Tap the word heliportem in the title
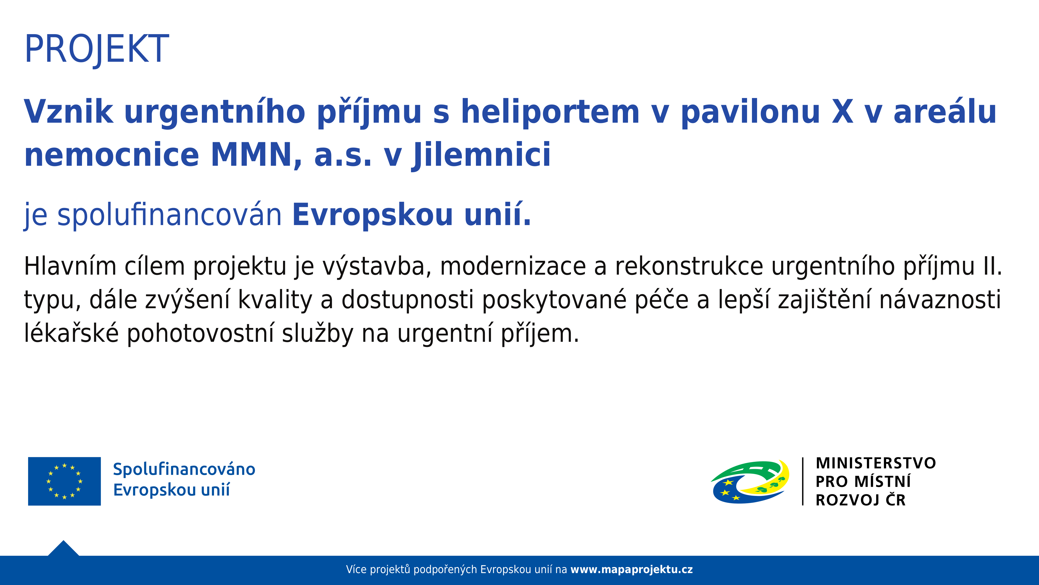point(550,111)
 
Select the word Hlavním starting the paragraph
point(70,266)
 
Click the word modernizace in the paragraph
point(513,267)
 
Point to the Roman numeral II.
point(992,267)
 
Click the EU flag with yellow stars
point(65,481)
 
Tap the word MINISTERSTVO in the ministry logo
point(876,463)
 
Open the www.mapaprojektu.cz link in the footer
point(632,570)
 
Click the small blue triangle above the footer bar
point(63,549)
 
